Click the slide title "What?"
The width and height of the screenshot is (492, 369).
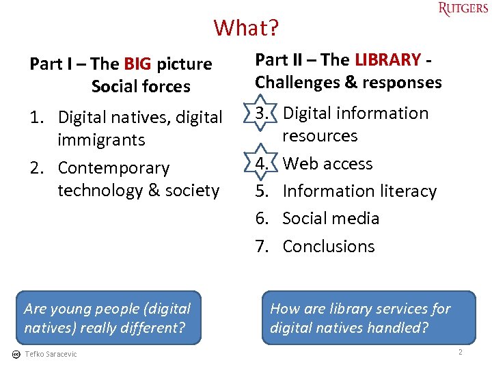(246, 28)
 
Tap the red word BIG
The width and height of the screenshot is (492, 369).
(139, 64)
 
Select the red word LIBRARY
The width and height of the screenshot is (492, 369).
(387, 60)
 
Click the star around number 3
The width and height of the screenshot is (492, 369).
(264, 113)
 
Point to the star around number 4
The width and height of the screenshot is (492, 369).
(264, 164)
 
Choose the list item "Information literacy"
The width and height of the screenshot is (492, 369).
(359, 191)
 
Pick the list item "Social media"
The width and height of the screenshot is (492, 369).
(331, 219)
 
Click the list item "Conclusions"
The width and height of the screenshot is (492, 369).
(329, 246)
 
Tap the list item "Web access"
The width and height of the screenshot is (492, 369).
(327, 164)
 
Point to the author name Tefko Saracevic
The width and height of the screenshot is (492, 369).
(51, 354)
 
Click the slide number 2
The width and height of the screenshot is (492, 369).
(460, 352)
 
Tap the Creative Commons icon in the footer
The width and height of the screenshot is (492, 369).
(16, 354)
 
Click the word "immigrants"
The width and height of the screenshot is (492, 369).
(101, 140)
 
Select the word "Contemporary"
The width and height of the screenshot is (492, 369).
(113, 168)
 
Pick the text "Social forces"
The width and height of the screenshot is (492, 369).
(141, 87)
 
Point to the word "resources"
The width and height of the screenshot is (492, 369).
(320, 136)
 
